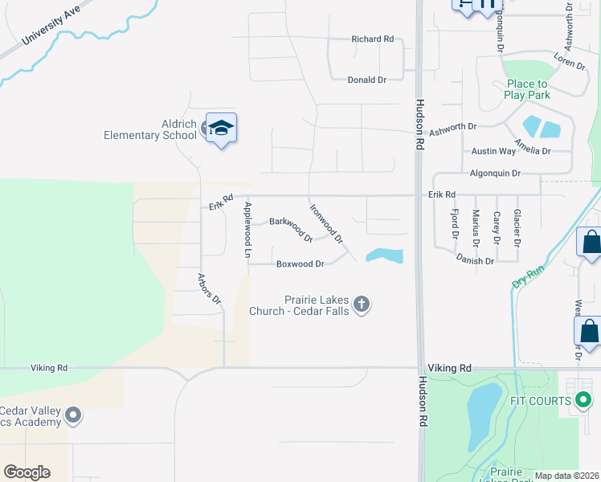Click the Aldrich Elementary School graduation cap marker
point(221,129)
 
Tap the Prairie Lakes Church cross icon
point(362,304)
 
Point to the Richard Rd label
point(373,39)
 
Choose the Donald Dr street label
point(366,80)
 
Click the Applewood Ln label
point(247,229)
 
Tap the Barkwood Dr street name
point(291,229)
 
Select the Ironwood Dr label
point(327,223)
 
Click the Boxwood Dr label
point(300,263)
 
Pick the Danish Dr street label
point(474,261)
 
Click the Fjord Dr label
point(455,223)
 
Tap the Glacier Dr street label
point(517,227)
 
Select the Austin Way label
point(493,151)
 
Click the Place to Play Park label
point(527,89)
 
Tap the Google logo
point(27,472)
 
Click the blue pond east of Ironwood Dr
point(384,255)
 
